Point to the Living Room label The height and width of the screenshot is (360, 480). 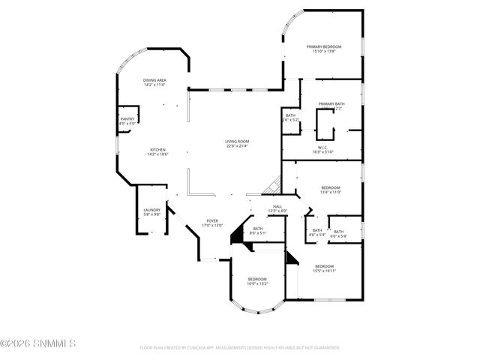pos(237,143)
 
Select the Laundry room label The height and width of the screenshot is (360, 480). pos(152,212)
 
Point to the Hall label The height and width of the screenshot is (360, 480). pos(277,208)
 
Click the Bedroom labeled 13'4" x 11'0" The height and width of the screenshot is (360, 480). pos(331,190)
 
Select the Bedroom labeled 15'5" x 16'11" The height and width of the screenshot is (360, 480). pos(325,268)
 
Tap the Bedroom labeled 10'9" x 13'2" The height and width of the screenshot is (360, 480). pos(257,281)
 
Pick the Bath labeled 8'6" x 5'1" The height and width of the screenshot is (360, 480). pos(258,231)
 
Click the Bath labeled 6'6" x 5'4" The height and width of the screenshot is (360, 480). pos(339,233)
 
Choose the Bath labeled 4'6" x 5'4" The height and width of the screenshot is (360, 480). pos(317,232)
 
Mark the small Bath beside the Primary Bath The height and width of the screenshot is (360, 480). pos(290,118)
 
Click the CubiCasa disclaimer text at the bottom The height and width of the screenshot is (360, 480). pos(240,348)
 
